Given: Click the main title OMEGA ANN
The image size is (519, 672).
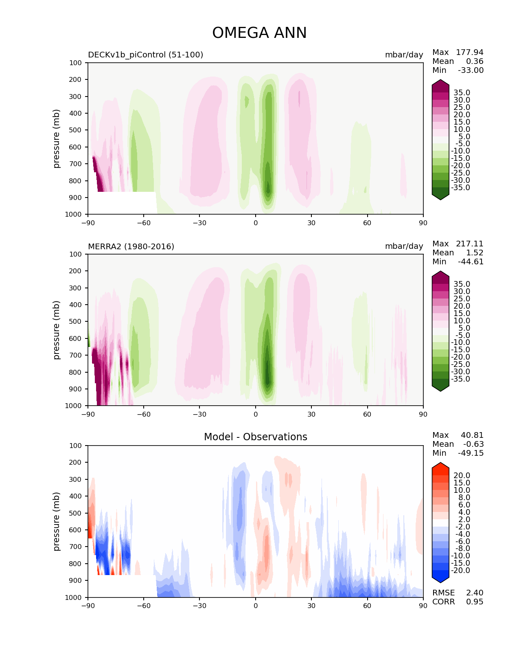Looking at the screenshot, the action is point(259,33).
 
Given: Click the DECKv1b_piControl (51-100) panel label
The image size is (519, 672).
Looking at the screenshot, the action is point(146,55).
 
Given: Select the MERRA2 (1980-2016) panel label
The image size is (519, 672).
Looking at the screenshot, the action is point(131,246).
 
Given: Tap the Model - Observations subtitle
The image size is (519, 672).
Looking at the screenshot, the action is point(255,437).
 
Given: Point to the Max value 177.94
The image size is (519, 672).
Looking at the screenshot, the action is point(469,52).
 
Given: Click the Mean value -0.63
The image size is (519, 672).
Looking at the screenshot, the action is point(473,444).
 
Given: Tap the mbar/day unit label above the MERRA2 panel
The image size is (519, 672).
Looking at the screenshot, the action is point(404,246).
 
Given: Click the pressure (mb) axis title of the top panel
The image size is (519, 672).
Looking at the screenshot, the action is point(56,138).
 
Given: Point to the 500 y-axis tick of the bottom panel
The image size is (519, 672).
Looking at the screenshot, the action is point(75,513).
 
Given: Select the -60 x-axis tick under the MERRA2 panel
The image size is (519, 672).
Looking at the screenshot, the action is point(144,414).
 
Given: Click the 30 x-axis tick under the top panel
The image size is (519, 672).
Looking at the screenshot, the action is point(311,223).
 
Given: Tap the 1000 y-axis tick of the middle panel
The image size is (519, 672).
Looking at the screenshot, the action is point(73,406).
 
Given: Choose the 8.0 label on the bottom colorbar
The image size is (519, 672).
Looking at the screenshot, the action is point(464,498).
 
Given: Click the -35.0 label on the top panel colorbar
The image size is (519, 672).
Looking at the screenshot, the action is point(460,188).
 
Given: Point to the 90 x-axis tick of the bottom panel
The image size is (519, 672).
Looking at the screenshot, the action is point(423,606).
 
